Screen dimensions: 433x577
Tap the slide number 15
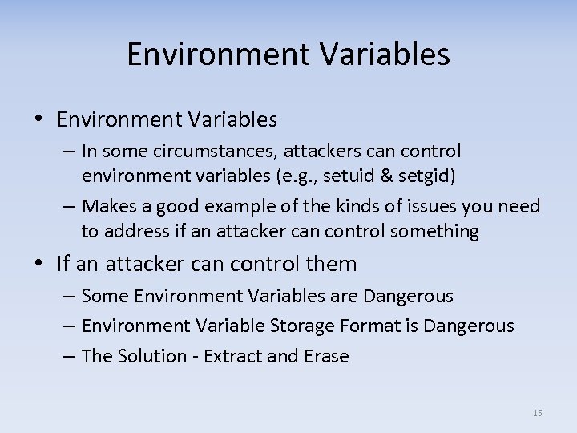[537, 413]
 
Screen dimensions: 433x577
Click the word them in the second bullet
[331, 263]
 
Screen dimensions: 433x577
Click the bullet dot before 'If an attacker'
[41, 264]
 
